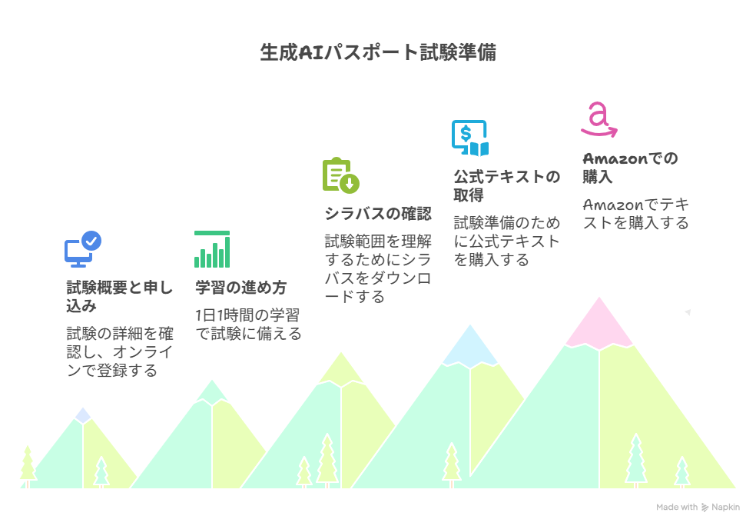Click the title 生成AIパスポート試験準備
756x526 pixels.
pos(378,52)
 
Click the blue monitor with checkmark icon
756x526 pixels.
pos(82,249)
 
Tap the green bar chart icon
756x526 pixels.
pos(212,249)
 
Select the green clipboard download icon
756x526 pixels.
pos(341,175)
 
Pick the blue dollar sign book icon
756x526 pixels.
pos(470,138)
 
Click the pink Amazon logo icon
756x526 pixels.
pos(598,119)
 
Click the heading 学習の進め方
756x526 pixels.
pos(241,288)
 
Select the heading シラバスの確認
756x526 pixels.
pos(378,214)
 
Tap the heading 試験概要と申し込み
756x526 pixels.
pos(120,297)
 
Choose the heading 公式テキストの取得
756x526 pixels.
pos(507,186)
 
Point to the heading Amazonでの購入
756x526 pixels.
pos(630,168)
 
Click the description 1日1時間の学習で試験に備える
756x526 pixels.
pos(248,325)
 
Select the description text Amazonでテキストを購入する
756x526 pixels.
pos(636,214)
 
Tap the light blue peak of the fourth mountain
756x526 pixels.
pos(470,348)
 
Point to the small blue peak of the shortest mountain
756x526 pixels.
pos(83,416)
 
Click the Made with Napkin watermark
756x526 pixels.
pos(698,508)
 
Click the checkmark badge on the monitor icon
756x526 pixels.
pos(91,241)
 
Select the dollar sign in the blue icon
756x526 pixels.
pos(466,133)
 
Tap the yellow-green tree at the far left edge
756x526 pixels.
pos(28,466)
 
